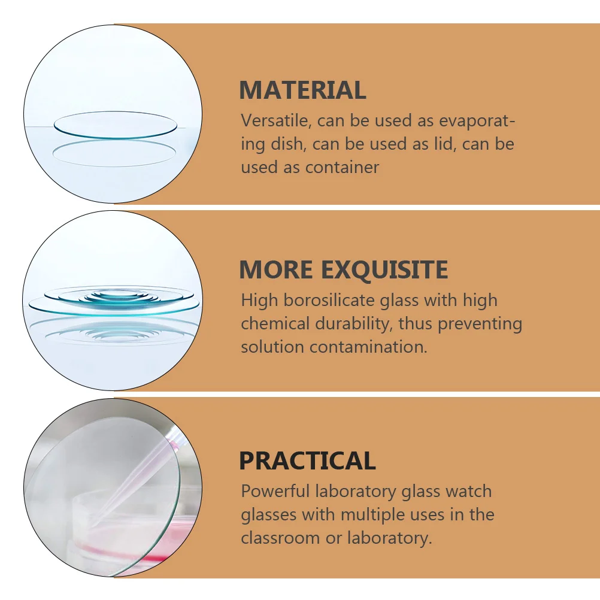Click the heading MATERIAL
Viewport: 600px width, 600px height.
point(302,90)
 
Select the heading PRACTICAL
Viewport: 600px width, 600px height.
point(307,461)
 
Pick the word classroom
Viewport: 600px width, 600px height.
point(280,538)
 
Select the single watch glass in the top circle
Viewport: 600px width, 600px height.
point(115,125)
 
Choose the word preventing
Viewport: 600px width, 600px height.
point(480,324)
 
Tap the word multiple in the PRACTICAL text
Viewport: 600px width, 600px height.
point(374,515)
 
